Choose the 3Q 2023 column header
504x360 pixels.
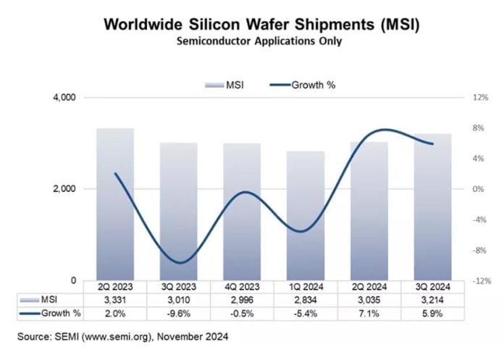coord(180,287)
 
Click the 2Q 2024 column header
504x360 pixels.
coord(369,287)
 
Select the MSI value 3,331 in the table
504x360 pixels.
coord(116,300)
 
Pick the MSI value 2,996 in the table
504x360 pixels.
coord(243,300)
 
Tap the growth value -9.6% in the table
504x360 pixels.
coord(180,313)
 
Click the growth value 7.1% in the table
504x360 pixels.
coord(369,313)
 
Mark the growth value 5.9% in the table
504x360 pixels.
coord(432,313)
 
